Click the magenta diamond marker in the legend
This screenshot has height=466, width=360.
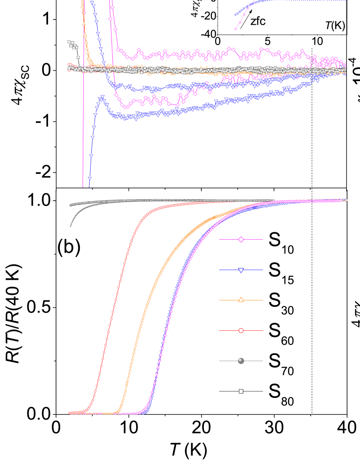coord(241,239)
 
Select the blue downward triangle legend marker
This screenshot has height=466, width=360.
coord(241,270)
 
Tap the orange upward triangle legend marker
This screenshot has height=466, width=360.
coord(241,300)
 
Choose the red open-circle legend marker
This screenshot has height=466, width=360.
coord(241,330)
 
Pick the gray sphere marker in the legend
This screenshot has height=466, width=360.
coord(241,361)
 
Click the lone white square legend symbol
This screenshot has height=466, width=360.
coord(241,391)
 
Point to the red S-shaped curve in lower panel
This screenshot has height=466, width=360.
coord(115,303)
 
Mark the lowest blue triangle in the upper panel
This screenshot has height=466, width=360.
coord(90,178)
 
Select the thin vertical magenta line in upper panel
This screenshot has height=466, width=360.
coord(83,130)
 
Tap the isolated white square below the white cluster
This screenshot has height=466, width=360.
coord(78,57)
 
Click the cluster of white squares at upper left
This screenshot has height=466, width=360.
coord(72,45)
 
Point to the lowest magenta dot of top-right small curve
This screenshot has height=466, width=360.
coord(236,29)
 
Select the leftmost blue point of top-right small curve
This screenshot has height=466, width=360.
coord(236,15)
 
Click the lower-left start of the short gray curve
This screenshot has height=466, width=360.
coord(71,226)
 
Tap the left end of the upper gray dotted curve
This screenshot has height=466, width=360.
coord(71,205)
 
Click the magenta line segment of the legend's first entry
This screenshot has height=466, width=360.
coord(228,239)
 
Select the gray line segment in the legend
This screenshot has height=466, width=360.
coord(228,361)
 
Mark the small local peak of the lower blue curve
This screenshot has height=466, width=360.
coord(102,97)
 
